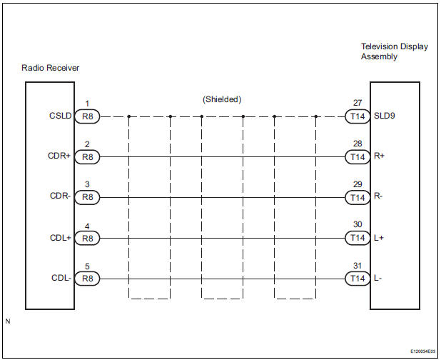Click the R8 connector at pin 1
(87, 116)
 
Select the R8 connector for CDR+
(87, 156)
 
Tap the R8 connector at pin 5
(87, 279)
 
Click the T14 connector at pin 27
(355, 116)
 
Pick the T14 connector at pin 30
(355, 238)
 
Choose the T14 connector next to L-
(355, 279)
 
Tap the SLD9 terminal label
(384, 116)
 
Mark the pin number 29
(358, 184)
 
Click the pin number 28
(358, 144)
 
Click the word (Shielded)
(222, 99)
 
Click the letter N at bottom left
(8, 321)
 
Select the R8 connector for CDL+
(87, 238)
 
